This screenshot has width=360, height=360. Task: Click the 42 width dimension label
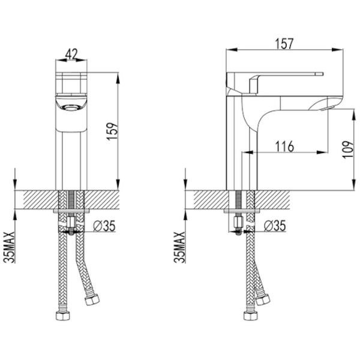(71, 54)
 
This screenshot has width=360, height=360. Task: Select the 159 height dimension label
(112, 131)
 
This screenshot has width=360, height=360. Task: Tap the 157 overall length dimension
(284, 44)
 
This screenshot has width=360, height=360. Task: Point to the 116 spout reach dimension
(284, 146)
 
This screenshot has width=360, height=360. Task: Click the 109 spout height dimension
(348, 149)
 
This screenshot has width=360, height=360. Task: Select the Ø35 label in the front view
(104, 226)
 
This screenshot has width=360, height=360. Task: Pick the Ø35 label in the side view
(275, 226)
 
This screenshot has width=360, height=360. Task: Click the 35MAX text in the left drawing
(10, 247)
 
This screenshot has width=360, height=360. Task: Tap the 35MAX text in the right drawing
(179, 247)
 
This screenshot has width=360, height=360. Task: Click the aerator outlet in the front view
(71, 107)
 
